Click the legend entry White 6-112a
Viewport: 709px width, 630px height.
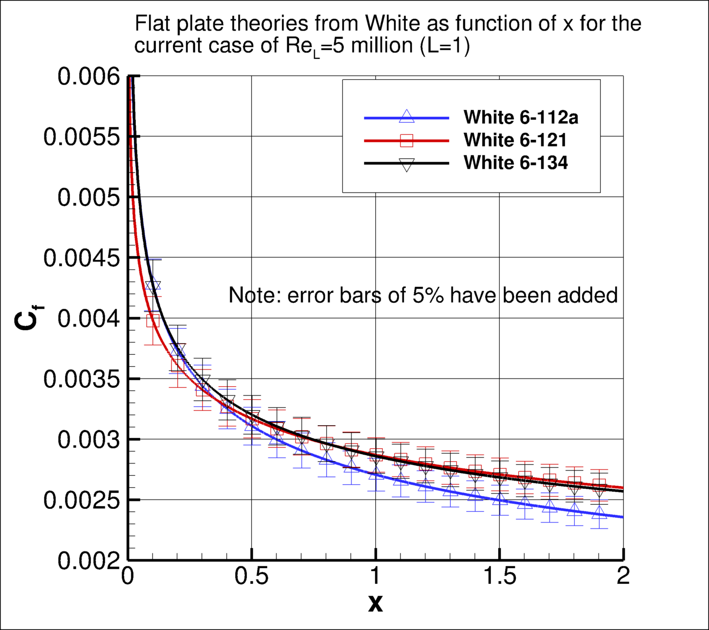(x=521, y=117)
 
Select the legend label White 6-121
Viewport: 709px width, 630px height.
(x=515, y=140)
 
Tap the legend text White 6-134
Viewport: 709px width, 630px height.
(x=516, y=162)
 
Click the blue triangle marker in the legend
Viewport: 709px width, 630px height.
(x=406, y=117)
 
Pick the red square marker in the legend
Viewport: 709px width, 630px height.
(x=406, y=141)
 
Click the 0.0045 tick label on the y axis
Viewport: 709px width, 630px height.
(x=81, y=258)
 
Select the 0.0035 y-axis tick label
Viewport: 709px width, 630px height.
(x=81, y=379)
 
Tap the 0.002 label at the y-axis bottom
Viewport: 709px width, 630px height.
(x=88, y=561)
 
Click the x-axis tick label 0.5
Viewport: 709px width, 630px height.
(x=252, y=576)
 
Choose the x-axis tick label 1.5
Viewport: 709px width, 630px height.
(x=500, y=576)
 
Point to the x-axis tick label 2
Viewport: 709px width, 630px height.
(x=623, y=576)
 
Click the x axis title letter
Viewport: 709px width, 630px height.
(x=375, y=603)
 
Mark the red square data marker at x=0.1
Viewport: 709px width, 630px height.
(x=153, y=321)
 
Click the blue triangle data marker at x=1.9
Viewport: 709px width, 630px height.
(x=600, y=512)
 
